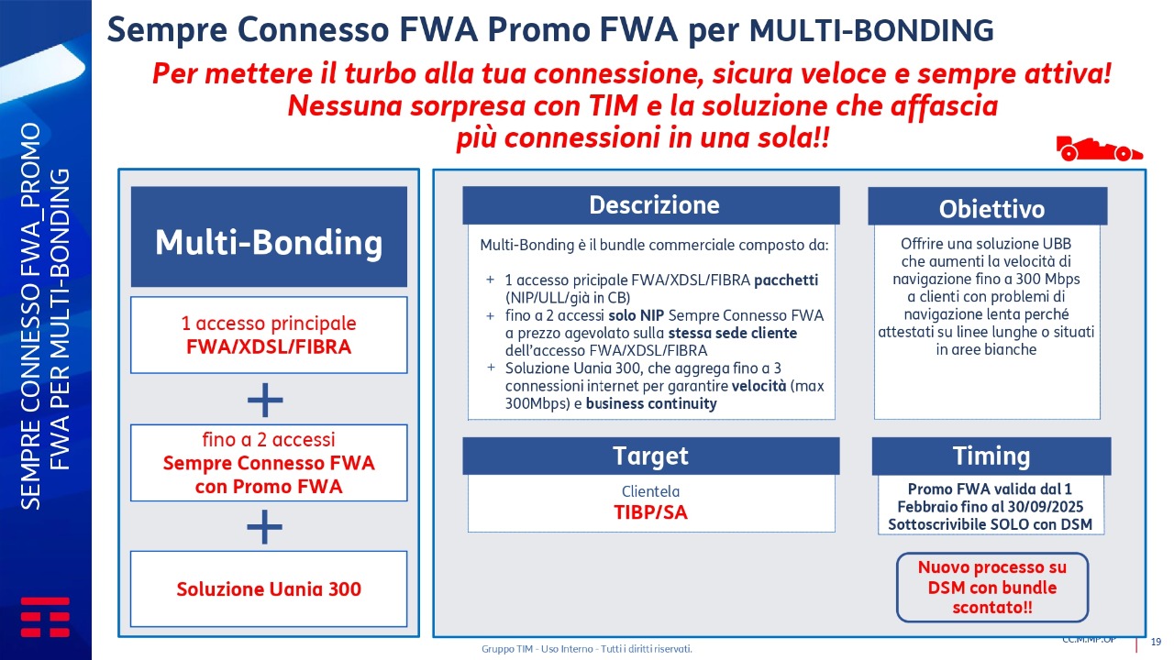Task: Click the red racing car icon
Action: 1099,148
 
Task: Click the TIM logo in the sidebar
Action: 45,617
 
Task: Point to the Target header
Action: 651,456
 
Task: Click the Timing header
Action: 991,456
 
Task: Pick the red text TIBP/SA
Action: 650,512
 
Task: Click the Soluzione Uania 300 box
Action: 269,588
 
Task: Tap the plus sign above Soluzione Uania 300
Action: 265,527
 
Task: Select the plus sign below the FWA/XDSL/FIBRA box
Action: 265,400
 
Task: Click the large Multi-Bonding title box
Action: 269,236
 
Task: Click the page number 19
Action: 1156,642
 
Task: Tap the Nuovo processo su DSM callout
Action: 992,588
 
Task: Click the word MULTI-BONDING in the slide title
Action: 871,30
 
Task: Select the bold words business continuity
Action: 651,404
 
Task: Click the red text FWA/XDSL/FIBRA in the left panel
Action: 269,346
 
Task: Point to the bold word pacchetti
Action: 786,280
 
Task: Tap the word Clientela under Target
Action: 650,491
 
